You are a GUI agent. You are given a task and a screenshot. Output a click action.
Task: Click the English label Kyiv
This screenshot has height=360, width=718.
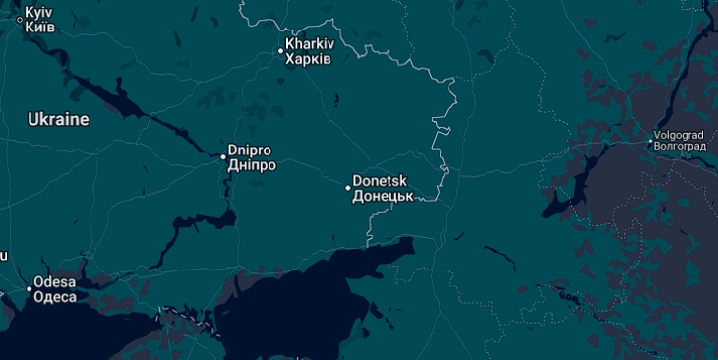[x=37, y=11]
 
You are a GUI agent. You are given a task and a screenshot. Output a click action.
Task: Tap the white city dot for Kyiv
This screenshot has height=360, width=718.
[x=20, y=19]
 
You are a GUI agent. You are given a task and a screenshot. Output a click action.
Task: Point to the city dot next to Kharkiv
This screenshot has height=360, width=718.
[x=280, y=51]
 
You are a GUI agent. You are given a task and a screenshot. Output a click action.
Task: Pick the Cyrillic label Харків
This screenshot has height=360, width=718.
[x=308, y=59]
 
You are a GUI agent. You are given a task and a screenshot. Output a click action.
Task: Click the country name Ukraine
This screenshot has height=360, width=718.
[x=58, y=119]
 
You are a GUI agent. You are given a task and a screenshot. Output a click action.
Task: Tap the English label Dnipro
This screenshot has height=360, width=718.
[x=250, y=150]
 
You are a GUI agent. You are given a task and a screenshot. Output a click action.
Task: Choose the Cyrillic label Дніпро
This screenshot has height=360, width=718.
[x=252, y=165]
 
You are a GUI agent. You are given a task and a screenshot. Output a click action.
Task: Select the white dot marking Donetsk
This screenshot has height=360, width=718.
[x=348, y=188]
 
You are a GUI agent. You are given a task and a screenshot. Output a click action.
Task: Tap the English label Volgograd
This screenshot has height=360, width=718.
[x=681, y=135]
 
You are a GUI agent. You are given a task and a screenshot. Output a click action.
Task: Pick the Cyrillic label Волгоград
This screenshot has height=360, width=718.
[x=681, y=147]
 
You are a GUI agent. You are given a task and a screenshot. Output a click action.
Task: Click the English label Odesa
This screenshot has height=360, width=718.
[x=54, y=282]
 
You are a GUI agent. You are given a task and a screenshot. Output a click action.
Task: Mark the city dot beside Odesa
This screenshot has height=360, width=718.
[x=29, y=289]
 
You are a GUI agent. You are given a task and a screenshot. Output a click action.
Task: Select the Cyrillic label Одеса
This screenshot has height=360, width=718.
[x=54, y=297]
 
